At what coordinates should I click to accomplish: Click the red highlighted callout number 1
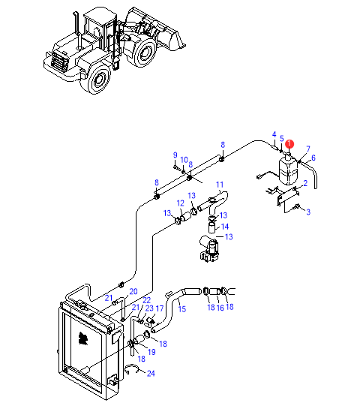pyautogui.click(x=289, y=144)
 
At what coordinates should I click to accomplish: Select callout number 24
pyautogui.click(x=151, y=374)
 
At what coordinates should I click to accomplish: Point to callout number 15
pyautogui.click(x=182, y=309)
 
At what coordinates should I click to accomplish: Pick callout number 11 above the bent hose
pyautogui.click(x=220, y=185)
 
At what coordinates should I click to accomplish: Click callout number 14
pyautogui.click(x=225, y=227)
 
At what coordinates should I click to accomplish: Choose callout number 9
pyautogui.click(x=175, y=155)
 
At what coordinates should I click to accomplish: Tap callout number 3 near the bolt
pyautogui.click(x=308, y=212)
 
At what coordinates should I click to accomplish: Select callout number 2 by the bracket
pyautogui.click(x=305, y=183)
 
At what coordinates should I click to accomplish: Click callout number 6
pyautogui.click(x=313, y=158)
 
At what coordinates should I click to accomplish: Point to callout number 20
pyautogui.click(x=133, y=292)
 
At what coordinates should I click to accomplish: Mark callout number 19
pyautogui.click(x=151, y=352)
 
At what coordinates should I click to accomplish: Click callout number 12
pyautogui.click(x=181, y=203)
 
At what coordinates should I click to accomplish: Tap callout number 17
pyautogui.click(x=160, y=308)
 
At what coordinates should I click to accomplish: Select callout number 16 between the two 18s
pyautogui.click(x=220, y=308)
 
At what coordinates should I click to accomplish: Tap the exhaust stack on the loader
pyautogui.click(x=77, y=30)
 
